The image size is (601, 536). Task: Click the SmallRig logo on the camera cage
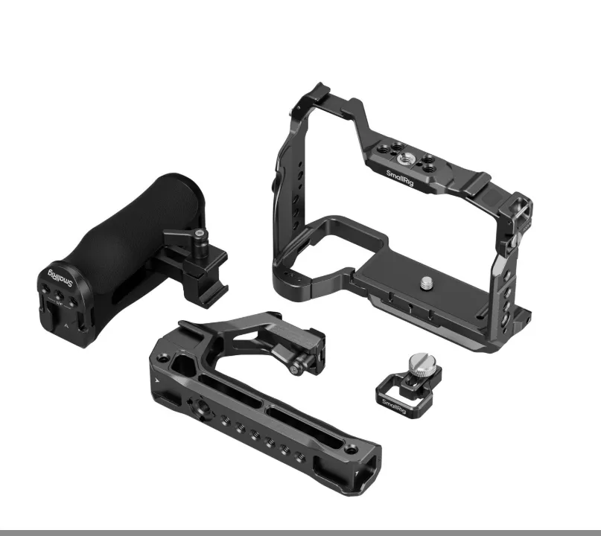pos(400,179)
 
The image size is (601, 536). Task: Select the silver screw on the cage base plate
pos(424,284)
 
